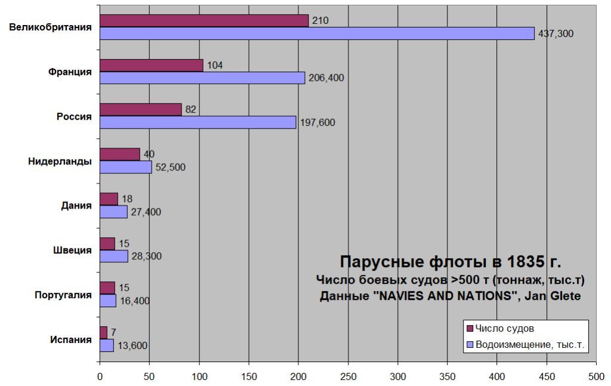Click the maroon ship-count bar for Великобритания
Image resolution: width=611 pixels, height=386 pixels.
click(x=204, y=20)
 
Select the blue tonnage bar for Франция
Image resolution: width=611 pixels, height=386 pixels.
click(x=202, y=78)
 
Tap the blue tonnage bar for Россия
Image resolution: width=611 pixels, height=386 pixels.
click(x=198, y=122)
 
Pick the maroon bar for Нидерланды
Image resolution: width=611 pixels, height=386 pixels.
click(x=120, y=154)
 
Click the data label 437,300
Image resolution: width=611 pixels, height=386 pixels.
click(x=556, y=34)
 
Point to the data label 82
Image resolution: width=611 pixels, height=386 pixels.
click(x=190, y=109)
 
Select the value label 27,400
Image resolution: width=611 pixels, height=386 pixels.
click(x=146, y=212)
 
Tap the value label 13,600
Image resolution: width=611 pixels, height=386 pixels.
click(x=132, y=345)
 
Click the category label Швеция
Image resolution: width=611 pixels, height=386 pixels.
click(x=73, y=250)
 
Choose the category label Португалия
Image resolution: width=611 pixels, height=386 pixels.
click(x=63, y=295)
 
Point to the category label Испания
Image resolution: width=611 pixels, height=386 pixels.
click(x=71, y=339)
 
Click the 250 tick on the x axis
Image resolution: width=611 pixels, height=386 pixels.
click(x=348, y=376)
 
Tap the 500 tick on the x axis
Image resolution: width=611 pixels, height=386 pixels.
click(x=596, y=376)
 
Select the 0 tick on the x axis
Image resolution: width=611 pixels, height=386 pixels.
click(x=100, y=376)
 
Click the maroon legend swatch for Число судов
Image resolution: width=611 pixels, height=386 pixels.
click(x=469, y=329)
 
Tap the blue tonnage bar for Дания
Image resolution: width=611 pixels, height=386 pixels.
click(x=113, y=212)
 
